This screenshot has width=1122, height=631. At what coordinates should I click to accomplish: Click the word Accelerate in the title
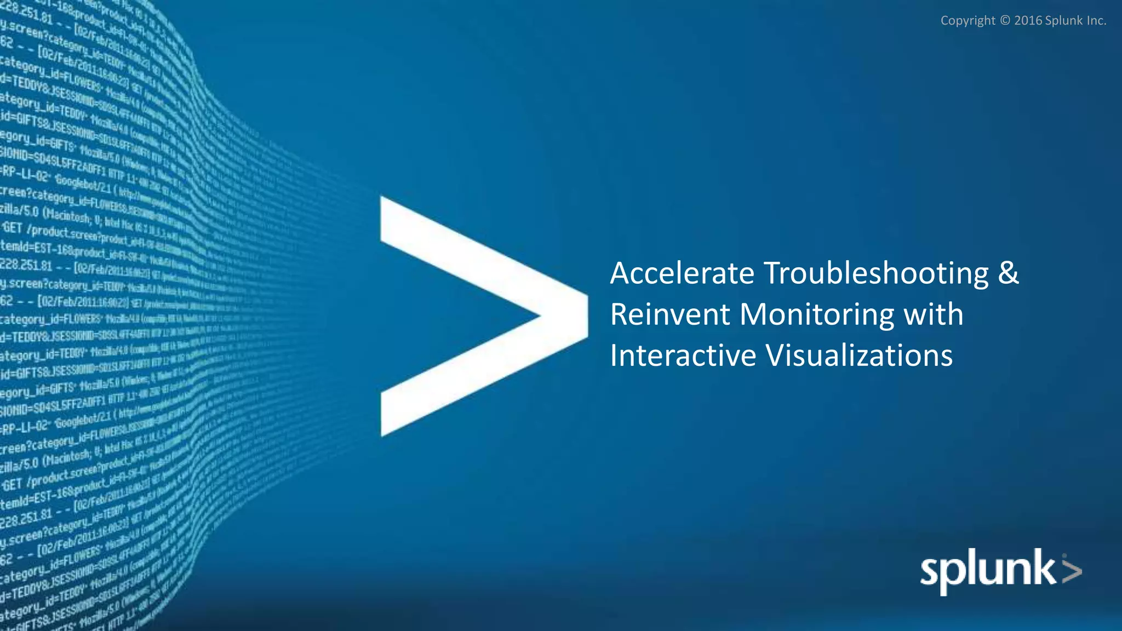click(682, 273)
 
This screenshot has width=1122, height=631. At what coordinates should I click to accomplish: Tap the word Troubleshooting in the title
click(876, 273)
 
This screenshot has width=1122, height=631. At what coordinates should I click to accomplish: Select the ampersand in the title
click(1008, 273)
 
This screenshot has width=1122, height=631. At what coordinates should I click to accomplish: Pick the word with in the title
click(933, 314)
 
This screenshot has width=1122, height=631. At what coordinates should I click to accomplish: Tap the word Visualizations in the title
click(859, 355)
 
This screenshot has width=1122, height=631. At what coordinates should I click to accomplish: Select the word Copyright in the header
click(968, 21)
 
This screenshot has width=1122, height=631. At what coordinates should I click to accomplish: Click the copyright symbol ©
click(1005, 21)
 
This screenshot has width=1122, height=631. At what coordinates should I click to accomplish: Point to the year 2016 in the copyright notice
click(1028, 21)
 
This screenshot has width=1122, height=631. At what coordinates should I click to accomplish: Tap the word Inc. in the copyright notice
click(1096, 21)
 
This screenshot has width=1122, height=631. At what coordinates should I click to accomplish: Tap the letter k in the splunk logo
click(1044, 567)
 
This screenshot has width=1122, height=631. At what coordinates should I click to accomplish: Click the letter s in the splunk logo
click(930, 573)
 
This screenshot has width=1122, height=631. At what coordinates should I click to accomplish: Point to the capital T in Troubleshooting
click(774, 273)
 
